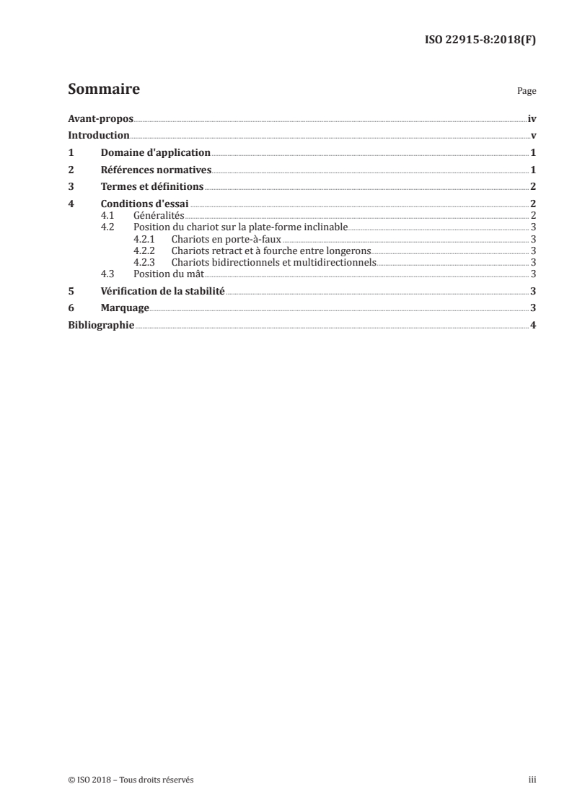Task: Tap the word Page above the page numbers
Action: (527, 92)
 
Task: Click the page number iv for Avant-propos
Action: (532, 119)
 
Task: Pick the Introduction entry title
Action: (99, 136)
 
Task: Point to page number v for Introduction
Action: (533, 136)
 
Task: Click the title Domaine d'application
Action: (155, 153)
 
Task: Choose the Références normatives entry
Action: (155, 170)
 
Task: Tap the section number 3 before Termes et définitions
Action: (71, 187)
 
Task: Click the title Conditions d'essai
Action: (144, 204)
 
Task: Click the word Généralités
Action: (159, 215)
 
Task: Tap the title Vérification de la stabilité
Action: (162, 291)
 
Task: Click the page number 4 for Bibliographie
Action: (533, 325)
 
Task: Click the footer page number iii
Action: (532, 780)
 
